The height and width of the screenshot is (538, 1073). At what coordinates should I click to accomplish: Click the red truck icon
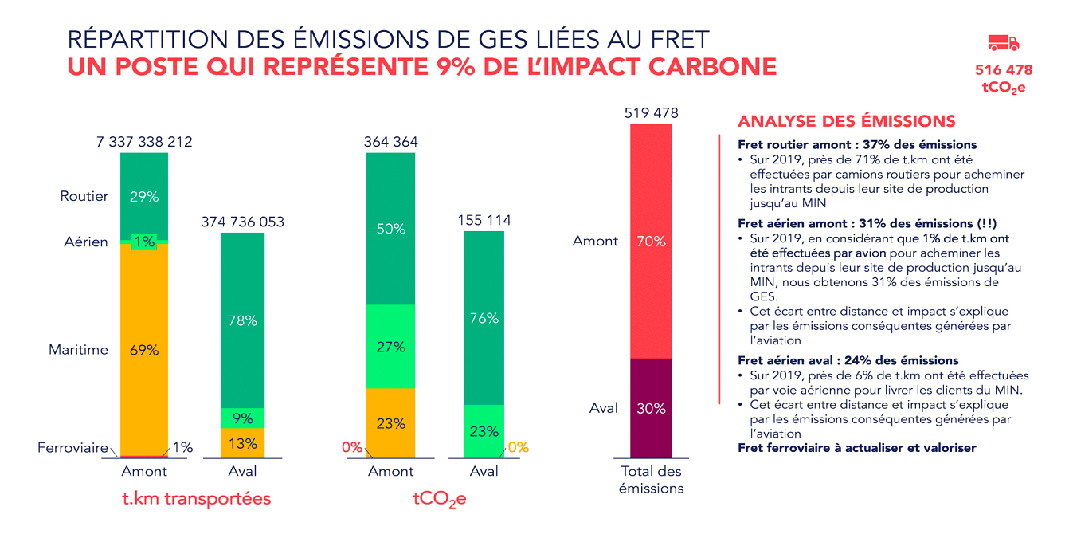click(1003, 43)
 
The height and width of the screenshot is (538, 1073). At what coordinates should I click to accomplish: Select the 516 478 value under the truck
click(1003, 71)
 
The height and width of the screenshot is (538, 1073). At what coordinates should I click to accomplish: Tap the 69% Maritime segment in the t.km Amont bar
click(144, 349)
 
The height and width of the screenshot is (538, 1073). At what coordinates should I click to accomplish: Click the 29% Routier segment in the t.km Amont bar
click(144, 196)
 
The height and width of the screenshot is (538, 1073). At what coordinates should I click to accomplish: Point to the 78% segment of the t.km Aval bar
click(242, 320)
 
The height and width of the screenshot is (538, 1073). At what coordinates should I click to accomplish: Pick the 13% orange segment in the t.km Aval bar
click(242, 443)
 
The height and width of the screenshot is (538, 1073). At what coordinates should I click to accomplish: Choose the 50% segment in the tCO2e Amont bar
click(390, 229)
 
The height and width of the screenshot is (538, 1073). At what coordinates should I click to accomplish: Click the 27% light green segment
click(390, 347)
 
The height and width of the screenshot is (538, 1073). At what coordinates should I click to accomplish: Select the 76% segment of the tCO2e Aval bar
click(484, 318)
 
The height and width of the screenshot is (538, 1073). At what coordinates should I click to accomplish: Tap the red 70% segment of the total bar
click(651, 241)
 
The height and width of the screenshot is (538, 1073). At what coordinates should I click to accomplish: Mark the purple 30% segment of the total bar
click(651, 408)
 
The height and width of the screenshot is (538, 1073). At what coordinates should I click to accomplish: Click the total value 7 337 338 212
click(144, 142)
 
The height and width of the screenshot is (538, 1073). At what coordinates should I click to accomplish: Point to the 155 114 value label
click(484, 220)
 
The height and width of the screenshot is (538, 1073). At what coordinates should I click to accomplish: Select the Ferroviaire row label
click(72, 448)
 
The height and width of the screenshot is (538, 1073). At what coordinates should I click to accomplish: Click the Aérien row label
click(86, 242)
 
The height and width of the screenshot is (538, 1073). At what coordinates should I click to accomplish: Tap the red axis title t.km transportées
click(196, 499)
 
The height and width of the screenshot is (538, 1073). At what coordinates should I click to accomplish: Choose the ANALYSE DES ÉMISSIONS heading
click(846, 121)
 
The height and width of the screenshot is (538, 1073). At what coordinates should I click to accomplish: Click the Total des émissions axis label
click(651, 480)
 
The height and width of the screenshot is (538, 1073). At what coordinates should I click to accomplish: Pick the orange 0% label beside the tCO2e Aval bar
click(518, 447)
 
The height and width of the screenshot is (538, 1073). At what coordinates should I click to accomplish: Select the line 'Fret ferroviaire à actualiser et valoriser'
click(856, 448)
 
